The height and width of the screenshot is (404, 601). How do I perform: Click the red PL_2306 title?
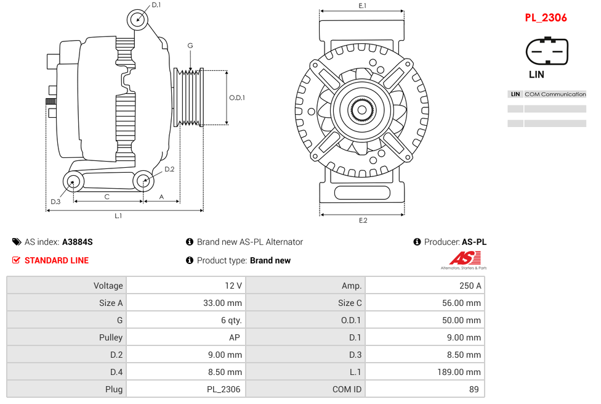[546, 18]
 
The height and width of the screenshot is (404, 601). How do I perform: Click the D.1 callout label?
[156, 5]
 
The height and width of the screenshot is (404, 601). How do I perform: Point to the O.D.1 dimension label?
[237, 97]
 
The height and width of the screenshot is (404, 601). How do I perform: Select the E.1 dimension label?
[363, 6]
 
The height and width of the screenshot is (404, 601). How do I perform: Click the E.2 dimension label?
[363, 220]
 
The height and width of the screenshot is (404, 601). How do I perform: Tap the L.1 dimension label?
[118, 216]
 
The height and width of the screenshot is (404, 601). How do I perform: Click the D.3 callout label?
[55, 202]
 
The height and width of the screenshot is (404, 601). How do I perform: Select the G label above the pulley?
[190, 46]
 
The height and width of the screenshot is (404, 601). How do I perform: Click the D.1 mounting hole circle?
[138, 20]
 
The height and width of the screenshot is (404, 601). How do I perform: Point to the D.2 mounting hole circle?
[143, 181]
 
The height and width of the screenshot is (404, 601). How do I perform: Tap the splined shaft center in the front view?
[361, 111]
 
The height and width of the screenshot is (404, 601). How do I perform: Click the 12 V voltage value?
[233, 286]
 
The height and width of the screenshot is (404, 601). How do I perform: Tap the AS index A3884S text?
[77, 242]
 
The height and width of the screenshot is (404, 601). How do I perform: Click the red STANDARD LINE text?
[57, 260]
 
